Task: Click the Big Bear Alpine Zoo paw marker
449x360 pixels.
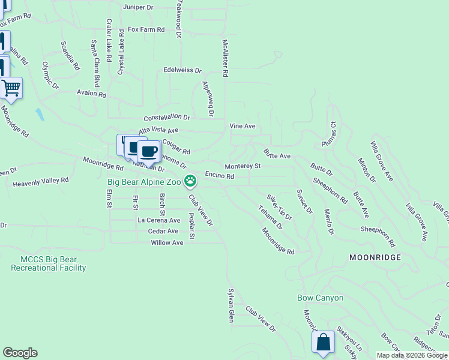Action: (x=190, y=180)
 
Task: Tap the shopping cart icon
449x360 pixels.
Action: (x=11, y=88)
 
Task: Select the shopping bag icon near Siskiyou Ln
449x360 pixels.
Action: (x=323, y=343)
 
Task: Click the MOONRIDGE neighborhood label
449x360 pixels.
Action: (x=374, y=257)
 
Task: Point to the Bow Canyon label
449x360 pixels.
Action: (x=321, y=298)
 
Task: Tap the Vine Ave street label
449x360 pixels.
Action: (x=243, y=127)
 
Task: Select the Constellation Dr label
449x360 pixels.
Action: (x=166, y=118)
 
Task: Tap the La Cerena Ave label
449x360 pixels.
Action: (x=159, y=220)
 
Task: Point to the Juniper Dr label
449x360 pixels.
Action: (x=139, y=8)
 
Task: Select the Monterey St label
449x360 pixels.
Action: (x=243, y=166)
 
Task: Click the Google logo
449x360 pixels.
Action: (x=20, y=353)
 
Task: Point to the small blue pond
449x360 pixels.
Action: (x=39, y=114)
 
